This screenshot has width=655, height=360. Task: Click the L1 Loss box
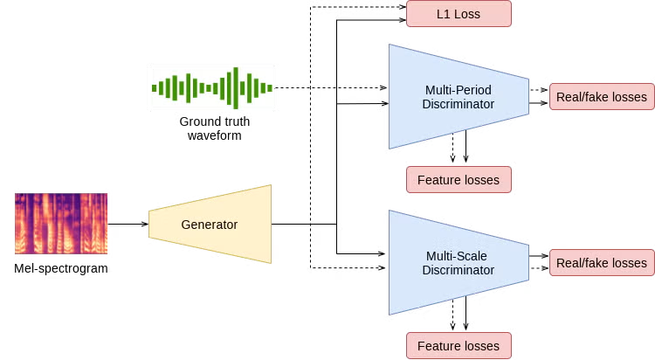point(458,14)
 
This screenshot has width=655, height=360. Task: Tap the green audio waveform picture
point(212,87)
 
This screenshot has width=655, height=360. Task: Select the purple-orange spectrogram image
point(62,223)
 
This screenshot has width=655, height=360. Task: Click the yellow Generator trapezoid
point(210,225)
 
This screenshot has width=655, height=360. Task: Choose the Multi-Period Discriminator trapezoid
point(458,97)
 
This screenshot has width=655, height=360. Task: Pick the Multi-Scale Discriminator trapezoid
point(458,263)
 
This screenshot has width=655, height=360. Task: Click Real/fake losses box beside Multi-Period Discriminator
point(602,97)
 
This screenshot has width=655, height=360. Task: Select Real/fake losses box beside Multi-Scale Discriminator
point(602,263)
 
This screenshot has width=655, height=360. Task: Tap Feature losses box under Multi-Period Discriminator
point(458,180)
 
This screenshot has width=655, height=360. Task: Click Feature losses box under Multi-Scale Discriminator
point(458,346)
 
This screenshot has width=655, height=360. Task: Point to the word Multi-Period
point(458,90)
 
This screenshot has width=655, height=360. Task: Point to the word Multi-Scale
point(458,256)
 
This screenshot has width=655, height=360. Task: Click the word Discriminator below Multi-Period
point(458,105)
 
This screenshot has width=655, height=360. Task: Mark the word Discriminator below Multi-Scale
point(458,271)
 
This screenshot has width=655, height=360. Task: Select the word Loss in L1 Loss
point(467,14)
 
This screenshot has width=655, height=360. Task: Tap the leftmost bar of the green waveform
point(154,87)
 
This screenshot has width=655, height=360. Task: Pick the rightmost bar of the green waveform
point(271,88)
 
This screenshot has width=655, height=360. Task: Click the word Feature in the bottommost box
point(438,346)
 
